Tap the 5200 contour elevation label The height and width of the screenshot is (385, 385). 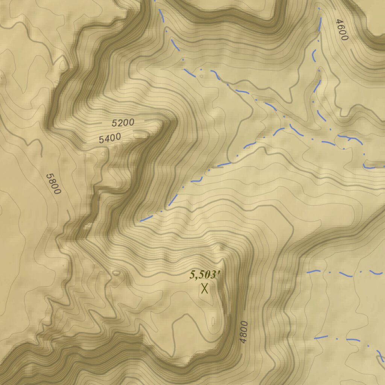point(123,123)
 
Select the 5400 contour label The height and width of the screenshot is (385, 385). point(110,138)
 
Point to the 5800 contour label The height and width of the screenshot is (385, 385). point(53,183)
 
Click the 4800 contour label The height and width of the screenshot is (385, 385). point(244,332)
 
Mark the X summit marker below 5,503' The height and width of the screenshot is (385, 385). point(205,289)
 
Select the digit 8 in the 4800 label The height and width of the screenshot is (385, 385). point(244,335)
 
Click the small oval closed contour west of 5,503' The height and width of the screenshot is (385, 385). point(117,273)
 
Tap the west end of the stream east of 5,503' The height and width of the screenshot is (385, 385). point(308,271)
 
